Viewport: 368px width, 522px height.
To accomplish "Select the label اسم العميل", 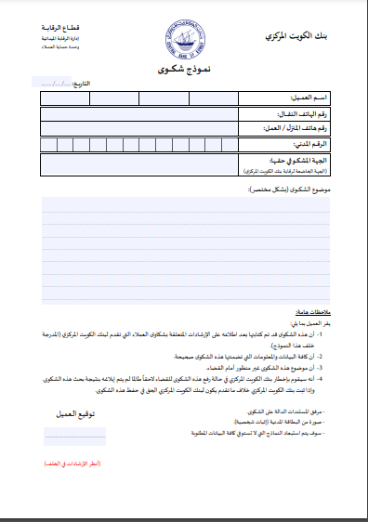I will pos(305,98).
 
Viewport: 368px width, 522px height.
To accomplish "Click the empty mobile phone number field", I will pos(139,114).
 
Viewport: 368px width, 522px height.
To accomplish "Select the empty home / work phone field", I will pos(139,129).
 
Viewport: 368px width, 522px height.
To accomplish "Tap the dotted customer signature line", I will pos(74,433).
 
